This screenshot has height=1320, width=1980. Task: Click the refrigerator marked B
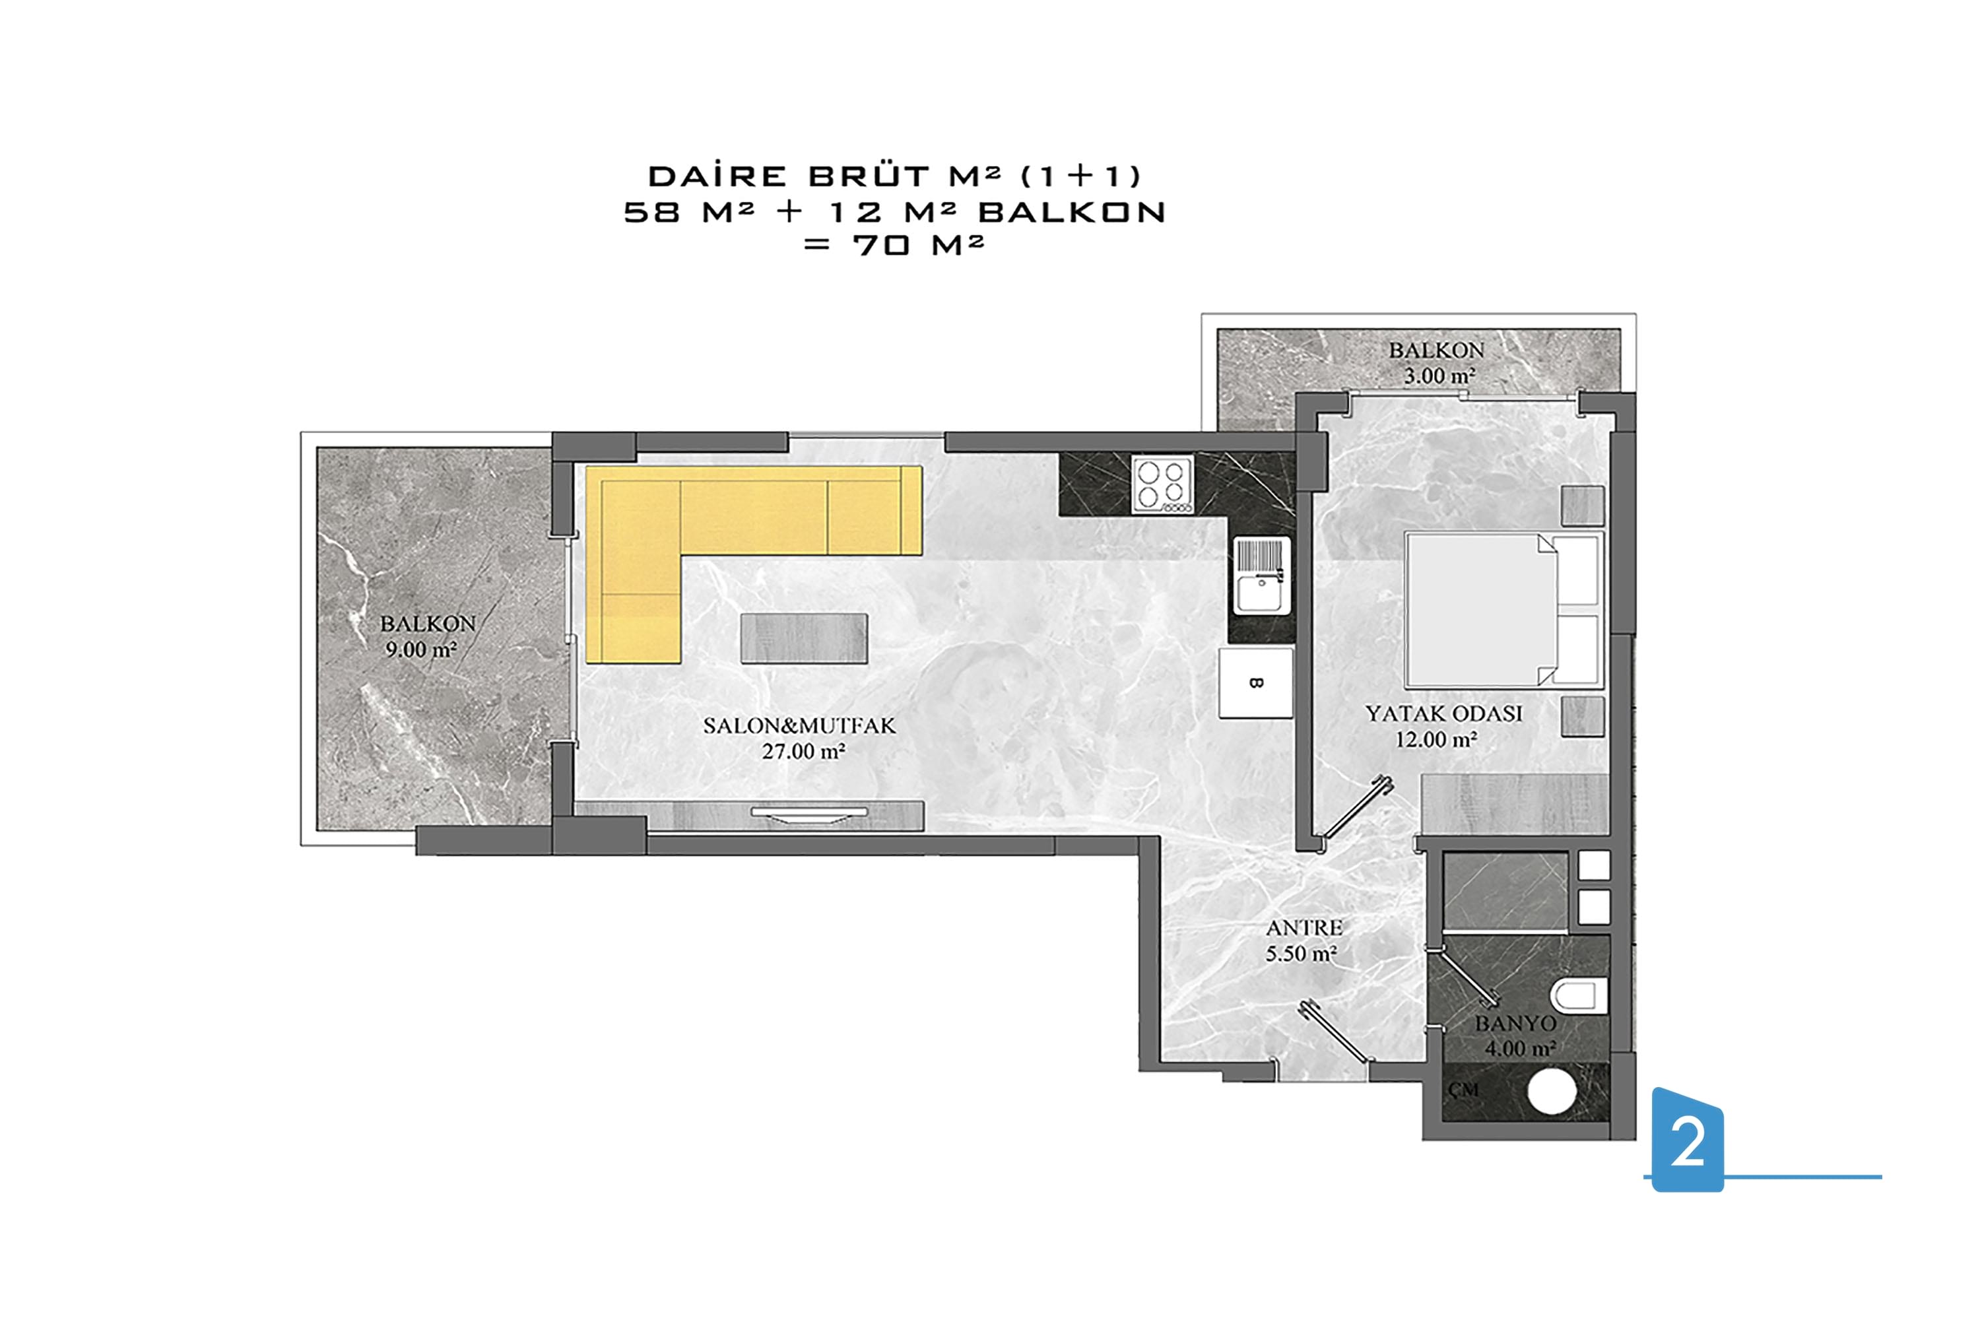(x=1255, y=682)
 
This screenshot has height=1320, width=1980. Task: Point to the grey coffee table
(x=804, y=638)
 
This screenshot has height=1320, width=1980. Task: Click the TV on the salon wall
(x=809, y=813)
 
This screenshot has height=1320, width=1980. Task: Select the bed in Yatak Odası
(x=1503, y=609)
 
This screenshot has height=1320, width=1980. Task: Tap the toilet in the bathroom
(x=1579, y=996)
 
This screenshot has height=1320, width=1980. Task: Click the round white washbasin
(x=1552, y=1092)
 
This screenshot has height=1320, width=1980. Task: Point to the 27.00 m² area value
(x=803, y=752)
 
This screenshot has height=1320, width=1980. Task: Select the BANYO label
(x=1515, y=1024)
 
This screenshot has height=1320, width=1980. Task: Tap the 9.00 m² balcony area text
(x=421, y=650)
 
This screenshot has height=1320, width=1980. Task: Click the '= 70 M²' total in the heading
(x=894, y=245)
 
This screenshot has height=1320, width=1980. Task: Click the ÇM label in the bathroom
(x=1464, y=1090)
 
